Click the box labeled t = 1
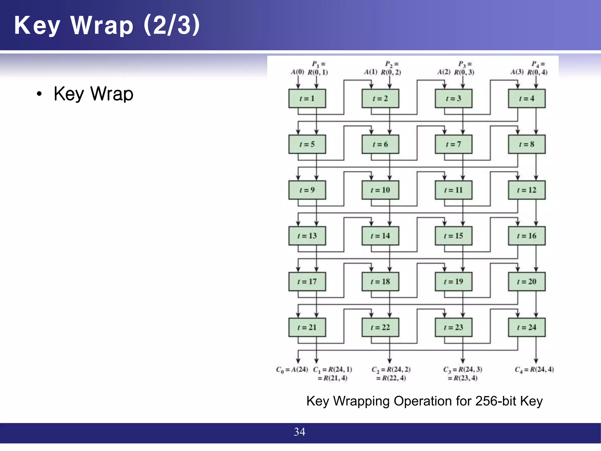[x=307, y=99]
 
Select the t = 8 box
[x=527, y=144]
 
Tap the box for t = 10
[x=380, y=190]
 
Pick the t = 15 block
[x=453, y=236]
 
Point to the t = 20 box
[x=527, y=282]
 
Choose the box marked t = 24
[x=527, y=327]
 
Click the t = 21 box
[x=307, y=327]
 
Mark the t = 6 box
[x=380, y=144]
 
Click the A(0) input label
[x=297, y=72]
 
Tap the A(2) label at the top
[x=444, y=72]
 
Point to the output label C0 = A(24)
[x=292, y=370]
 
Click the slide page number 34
[x=300, y=432]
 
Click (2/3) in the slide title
[x=172, y=25]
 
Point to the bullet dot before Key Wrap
[x=39, y=94]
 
